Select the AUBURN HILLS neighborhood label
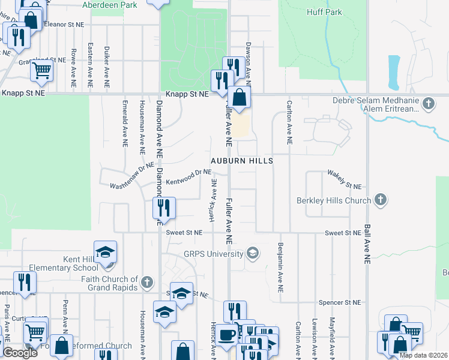pyautogui.click(x=242, y=161)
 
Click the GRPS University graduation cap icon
pyautogui.click(x=253, y=253)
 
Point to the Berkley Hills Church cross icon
pyautogui.click(x=379, y=200)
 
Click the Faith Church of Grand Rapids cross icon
pyautogui.click(x=146, y=282)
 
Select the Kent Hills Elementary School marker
pyautogui.click(x=105, y=253)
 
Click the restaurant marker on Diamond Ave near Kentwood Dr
pyautogui.click(x=163, y=208)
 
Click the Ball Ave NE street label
pyautogui.click(x=366, y=245)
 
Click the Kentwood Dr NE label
pyautogui.click(x=189, y=176)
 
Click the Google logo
pyautogui.click(x=20, y=353)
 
